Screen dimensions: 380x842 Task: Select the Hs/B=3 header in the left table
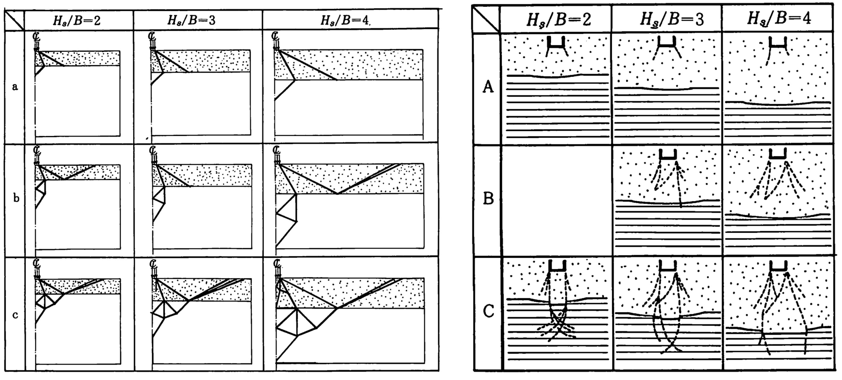point(192,20)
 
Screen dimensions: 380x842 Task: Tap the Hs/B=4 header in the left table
point(345,20)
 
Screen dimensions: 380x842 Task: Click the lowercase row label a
point(15,87)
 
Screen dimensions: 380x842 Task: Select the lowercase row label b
point(16,199)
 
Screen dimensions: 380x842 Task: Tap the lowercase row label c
point(15,315)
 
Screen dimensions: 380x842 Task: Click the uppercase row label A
point(488,88)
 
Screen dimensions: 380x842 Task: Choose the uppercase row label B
point(488,199)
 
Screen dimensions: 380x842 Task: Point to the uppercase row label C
point(488,312)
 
